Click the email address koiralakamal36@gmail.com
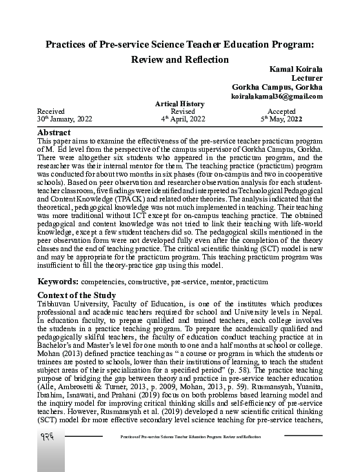coord(277,96)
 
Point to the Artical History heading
coord(180,104)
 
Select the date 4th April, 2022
coord(183,119)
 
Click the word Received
coord(51,111)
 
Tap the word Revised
coord(183,111)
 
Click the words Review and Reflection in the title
coord(179,59)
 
